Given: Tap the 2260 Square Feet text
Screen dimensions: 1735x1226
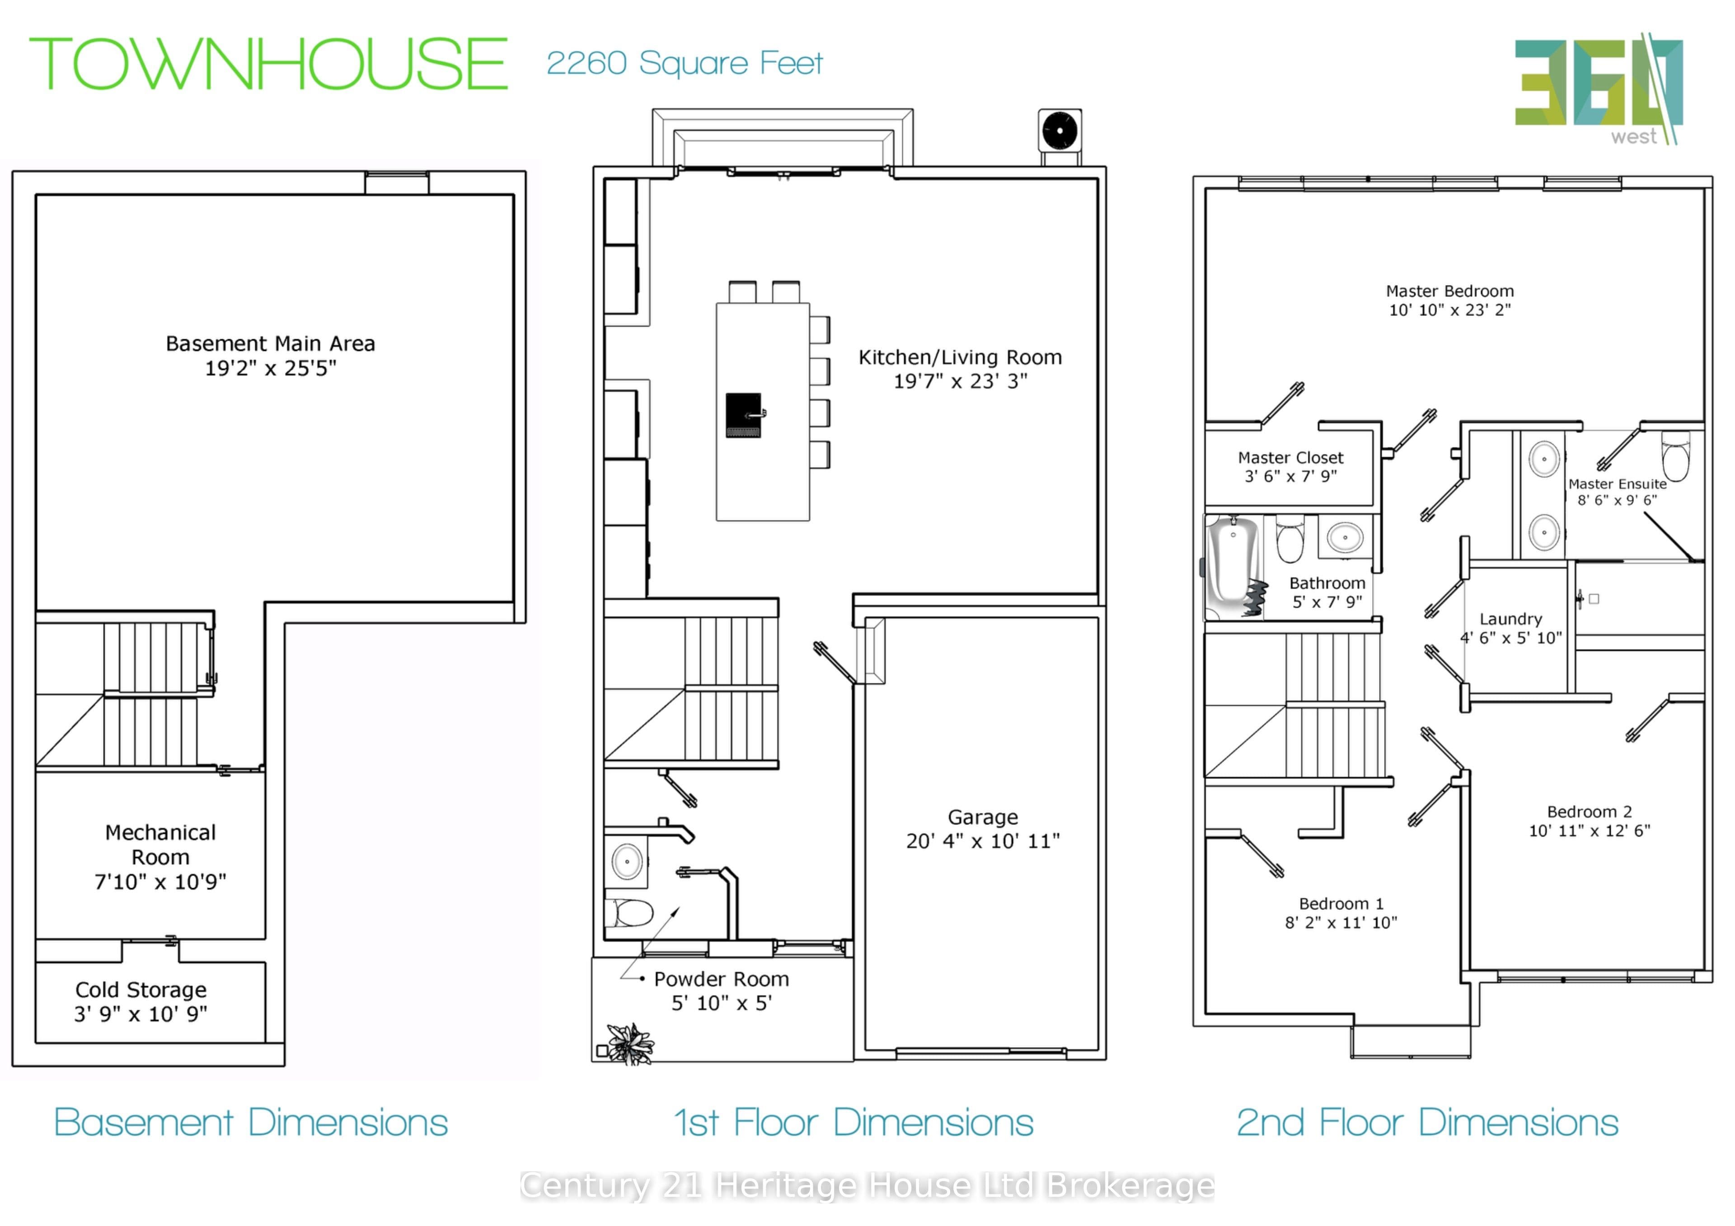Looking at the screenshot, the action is click(x=684, y=63).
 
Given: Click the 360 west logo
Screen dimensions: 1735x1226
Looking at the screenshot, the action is click(x=1598, y=89).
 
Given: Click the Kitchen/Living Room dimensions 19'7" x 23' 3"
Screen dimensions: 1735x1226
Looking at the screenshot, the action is click(x=961, y=381).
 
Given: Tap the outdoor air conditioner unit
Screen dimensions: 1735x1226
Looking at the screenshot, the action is click(x=1060, y=131).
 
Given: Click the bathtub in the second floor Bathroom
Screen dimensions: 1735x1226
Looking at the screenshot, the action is click(x=1233, y=566).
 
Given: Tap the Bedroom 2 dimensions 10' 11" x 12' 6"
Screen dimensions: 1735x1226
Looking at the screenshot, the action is click(x=1590, y=831).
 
